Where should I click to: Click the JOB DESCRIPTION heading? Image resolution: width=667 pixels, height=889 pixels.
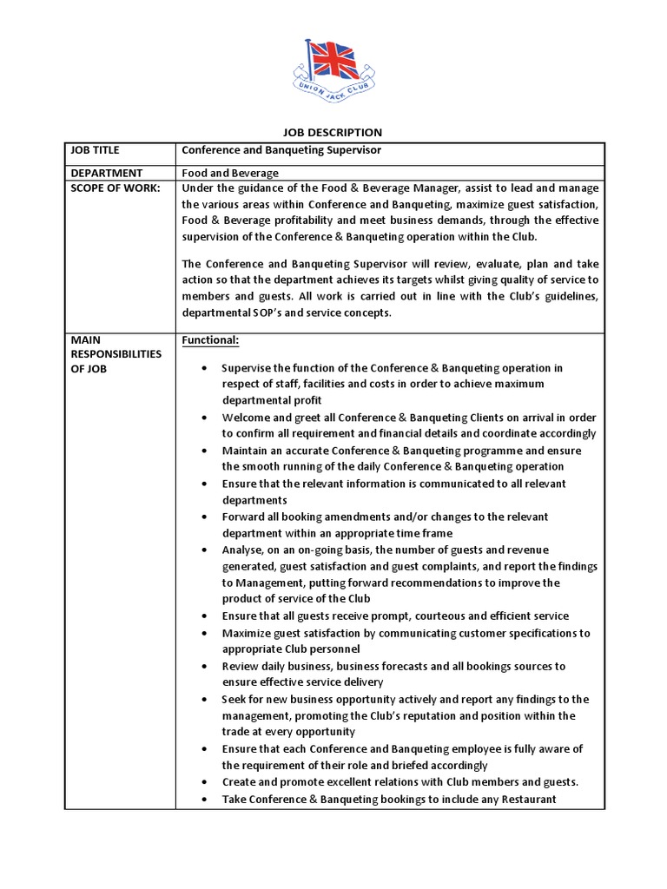click(333, 132)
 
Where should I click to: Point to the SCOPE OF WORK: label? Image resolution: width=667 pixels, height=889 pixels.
click(111, 189)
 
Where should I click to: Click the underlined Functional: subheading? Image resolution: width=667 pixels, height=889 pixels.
click(210, 341)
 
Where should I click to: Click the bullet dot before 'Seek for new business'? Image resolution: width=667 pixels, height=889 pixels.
click(202, 699)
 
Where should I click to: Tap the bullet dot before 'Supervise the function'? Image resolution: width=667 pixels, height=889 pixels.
click(202, 367)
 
